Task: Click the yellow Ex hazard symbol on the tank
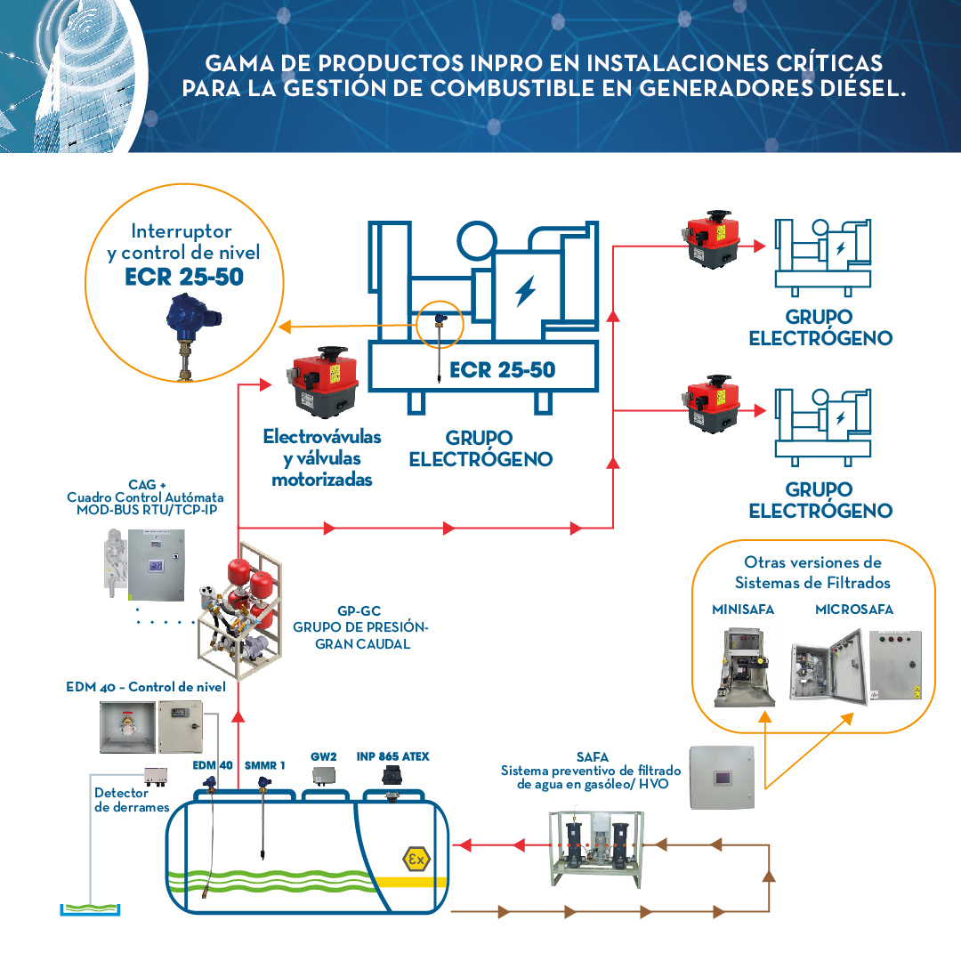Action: [416, 859]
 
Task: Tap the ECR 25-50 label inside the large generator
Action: [502, 369]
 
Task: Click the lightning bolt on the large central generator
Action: [526, 291]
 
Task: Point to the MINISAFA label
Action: [742, 610]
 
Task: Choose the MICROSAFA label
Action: [853, 610]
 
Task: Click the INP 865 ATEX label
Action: [392, 756]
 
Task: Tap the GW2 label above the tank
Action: [323, 756]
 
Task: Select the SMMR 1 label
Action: [264, 764]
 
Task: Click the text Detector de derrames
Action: [131, 799]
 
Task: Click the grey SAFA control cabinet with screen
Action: [726, 777]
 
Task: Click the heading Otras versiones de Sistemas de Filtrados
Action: [812, 572]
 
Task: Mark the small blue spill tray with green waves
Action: [92, 909]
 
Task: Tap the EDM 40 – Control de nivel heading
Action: [146, 687]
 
